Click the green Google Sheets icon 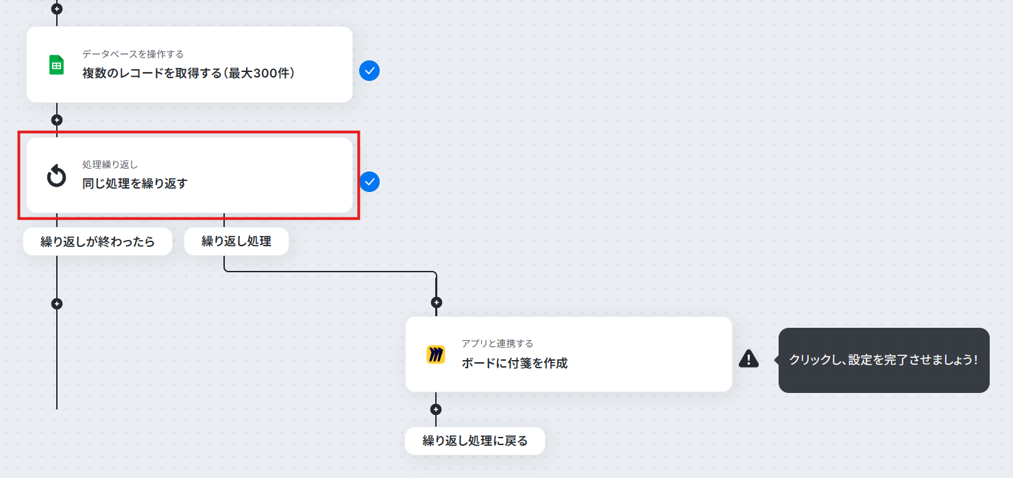click(x=56, y=64)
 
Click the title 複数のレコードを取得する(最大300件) click(x=188, y=73)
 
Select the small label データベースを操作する click(x=133, y=54)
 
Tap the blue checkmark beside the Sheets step click(x=369, y=71)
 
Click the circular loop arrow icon click(x=56, y=176)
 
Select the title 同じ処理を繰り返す click(x=135, y=183)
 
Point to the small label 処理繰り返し click(x=110, y=165)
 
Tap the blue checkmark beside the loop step click(x=369, y=182)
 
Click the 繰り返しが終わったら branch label click(x=98, y=241)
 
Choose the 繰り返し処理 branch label click(x=236, y=241)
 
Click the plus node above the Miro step click(x=436, y=302)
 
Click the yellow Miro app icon click(x=435, y=355)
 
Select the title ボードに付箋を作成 click(x=515, y=363)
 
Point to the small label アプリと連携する click(x=498, y=344)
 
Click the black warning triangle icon click(x=748, y=359)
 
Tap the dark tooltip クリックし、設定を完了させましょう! click(x=883, y=360)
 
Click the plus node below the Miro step click(x=435, y=409)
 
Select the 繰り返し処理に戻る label click(x=475, y=441)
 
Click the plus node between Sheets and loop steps click(x=56, y=120)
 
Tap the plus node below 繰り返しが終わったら click(x=56, y=304)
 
